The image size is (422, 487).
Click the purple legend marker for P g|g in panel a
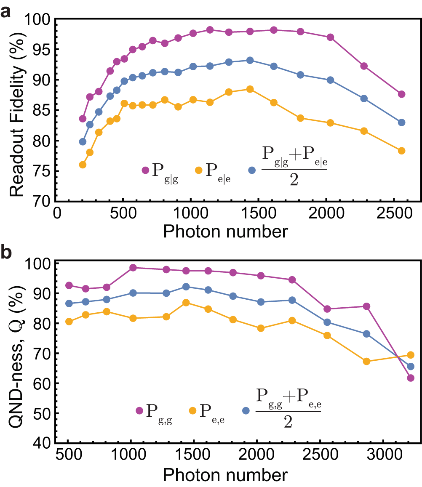145,170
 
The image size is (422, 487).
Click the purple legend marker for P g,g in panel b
139,410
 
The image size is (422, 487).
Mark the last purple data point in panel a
401,94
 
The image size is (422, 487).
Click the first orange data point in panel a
83,165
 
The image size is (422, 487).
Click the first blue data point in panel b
69,303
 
